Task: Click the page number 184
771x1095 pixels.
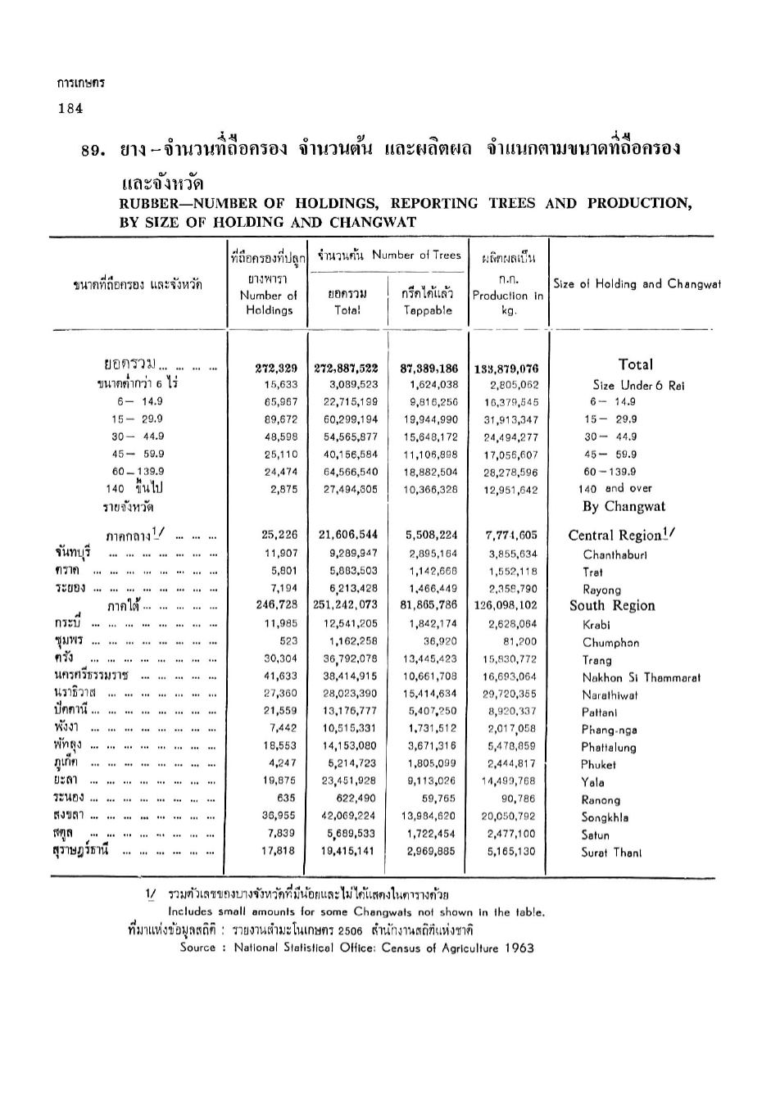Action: click(70, 110)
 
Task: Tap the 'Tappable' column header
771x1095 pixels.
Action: click(428, 310)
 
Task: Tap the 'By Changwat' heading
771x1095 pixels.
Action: click(624, 507)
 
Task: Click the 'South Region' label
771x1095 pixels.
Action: click(612, 606)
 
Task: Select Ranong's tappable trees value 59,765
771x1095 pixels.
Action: click(438, 799)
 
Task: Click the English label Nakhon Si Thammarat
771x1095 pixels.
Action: click(641, 677)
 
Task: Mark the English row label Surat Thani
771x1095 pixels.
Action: click(611, 852)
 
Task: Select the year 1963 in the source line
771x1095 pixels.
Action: click(519, 948)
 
